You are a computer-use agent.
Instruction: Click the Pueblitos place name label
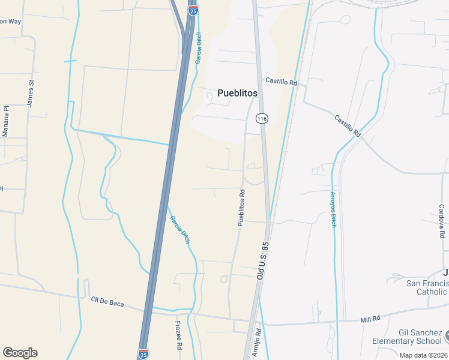237,93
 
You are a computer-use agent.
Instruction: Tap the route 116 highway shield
262,118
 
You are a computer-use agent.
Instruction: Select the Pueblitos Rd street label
242,208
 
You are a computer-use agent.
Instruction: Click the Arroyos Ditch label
333,209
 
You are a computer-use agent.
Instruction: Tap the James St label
30,93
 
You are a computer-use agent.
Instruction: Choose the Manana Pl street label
5,121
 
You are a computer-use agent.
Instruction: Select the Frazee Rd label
178,335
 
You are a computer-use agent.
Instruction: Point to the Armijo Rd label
257,343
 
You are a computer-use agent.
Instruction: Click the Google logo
20,353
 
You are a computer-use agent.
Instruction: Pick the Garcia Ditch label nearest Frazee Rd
180,229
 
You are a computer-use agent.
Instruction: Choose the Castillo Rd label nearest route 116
282,82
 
